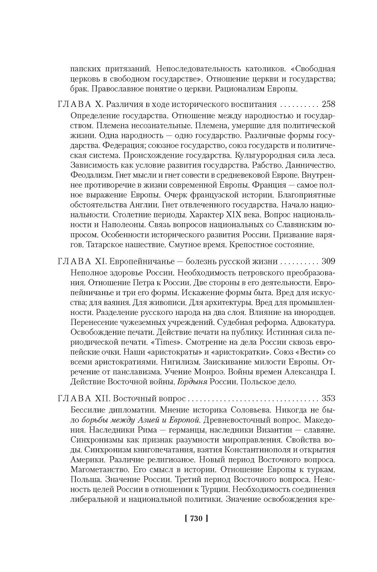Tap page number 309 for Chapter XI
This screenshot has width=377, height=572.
coord(328,261)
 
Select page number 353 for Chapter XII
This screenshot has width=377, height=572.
coord(328,398)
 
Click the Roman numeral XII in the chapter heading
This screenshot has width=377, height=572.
coord(101,398)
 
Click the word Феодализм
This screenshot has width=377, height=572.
coord(90,175)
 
